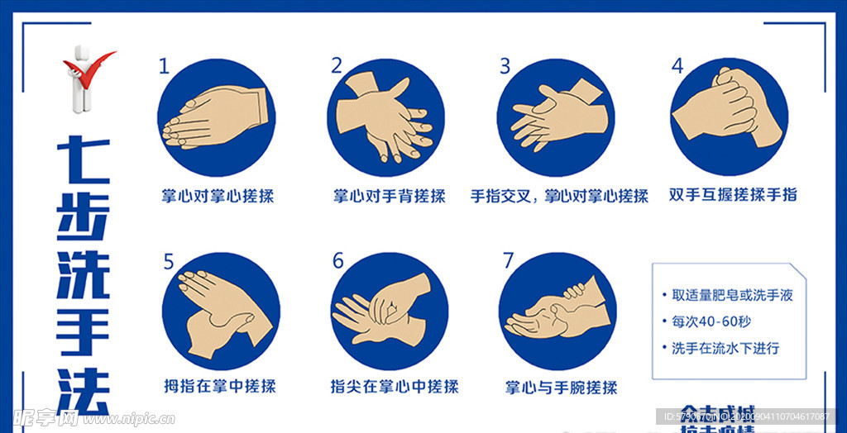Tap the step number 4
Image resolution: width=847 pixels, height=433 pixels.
[x=677, y=66]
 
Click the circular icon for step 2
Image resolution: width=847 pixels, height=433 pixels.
[x=385, y=118]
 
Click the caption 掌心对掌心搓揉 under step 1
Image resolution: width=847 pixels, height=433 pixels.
[x=218, y=196]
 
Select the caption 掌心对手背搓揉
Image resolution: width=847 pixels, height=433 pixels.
[x=389, y=196]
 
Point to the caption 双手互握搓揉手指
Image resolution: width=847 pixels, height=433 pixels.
[x=733, y=195]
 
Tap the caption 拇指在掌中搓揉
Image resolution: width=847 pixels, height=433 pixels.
[x=219, y=386]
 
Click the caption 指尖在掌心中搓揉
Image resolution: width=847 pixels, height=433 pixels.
[x=394, y=386]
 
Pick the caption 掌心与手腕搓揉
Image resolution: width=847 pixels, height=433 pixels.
[x=561, y=387]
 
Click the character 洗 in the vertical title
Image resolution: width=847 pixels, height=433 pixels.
[x=83, y=272]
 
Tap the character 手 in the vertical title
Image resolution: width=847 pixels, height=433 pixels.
[x=83, y=330]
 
